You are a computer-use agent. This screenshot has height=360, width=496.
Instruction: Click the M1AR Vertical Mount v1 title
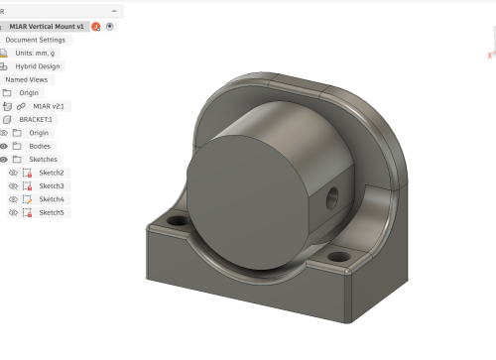[x=47, y=27]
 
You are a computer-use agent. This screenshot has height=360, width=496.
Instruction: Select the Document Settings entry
[x=35, y=40]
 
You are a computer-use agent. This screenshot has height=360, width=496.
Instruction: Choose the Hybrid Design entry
[x=38, y=66]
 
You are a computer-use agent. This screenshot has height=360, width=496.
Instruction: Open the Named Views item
[x=26, y=79]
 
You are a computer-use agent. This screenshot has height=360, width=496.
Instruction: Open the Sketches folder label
[x=43, y=159]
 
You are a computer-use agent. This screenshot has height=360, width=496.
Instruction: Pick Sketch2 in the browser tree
[x=51, y=173]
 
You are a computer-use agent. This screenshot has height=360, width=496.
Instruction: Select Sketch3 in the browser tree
[x=51, y=185]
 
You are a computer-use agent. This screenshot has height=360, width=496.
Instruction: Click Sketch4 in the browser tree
[x=51, y=199]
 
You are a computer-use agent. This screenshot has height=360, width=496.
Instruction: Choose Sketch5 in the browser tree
[x=51, y=212]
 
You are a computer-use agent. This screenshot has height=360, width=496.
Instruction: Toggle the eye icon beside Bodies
[x=4, y=146]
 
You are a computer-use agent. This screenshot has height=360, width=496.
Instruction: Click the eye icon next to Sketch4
[x=13, y=199]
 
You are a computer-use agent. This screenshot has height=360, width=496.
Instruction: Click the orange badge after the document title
[x=96, y=27]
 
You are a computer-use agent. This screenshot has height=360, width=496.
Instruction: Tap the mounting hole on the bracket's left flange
[x=178, y=220]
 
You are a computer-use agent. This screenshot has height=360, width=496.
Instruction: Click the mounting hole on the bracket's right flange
[x=339, y=257]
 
